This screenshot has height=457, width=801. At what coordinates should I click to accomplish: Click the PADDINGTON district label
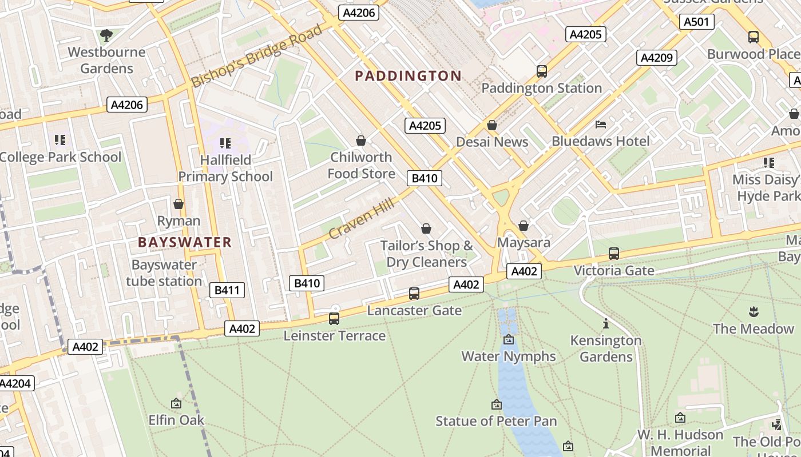408,76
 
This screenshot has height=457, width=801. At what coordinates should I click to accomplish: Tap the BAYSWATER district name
184,242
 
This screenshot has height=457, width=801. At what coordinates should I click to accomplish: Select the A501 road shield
696,22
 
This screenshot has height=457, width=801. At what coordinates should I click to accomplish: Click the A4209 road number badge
656,58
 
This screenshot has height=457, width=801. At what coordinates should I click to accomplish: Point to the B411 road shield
227,290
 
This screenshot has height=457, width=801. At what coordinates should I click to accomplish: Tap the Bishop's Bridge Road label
257,56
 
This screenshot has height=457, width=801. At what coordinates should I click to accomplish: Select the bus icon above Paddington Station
541,71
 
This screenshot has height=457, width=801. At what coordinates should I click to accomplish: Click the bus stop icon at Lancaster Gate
414,294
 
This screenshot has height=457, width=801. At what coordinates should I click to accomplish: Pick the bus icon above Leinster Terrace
334,319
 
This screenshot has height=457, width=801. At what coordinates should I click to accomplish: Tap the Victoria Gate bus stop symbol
613,253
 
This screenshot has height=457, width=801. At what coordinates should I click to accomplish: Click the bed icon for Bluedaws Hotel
600,124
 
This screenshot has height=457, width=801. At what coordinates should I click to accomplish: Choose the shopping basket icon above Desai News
491,125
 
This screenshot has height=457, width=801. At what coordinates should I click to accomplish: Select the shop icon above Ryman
179,204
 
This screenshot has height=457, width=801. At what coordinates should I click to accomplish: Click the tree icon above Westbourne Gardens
106,35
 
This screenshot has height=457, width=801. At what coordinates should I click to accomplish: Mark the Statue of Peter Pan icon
496,404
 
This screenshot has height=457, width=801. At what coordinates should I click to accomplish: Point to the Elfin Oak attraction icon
176,403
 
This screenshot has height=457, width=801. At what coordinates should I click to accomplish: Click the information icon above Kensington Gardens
605,324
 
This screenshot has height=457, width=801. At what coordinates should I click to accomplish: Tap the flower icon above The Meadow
753,312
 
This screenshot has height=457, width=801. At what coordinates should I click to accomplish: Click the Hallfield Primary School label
225,168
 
